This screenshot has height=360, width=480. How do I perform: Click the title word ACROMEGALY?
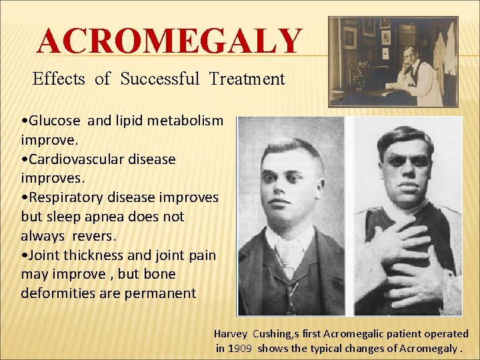169,41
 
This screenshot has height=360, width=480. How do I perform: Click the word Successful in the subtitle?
159,79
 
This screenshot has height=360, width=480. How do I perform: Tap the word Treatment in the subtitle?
247,79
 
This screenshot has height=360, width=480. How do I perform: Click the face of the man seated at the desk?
407,55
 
